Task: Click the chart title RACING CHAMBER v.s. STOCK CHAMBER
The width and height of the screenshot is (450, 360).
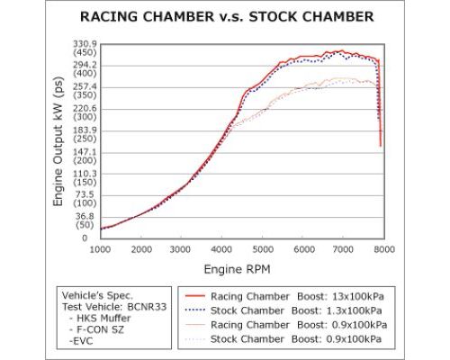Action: point(225,17)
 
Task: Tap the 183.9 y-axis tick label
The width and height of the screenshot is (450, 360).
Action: point(79,135)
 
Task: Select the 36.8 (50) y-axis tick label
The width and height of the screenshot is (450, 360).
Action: point(79,221)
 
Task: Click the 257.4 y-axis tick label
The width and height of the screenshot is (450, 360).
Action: point(79,92)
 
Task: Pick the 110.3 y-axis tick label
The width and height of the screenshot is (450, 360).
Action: point(79,178)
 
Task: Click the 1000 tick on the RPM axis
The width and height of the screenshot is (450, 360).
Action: point(101,249)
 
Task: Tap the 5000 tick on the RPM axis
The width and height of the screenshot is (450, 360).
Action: point(264,249)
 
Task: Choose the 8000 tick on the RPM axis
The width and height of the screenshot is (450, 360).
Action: point(385,249)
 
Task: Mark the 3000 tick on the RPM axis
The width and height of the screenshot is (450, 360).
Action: point(183,249)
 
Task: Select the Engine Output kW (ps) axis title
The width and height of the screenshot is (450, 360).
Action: point(58,142)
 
